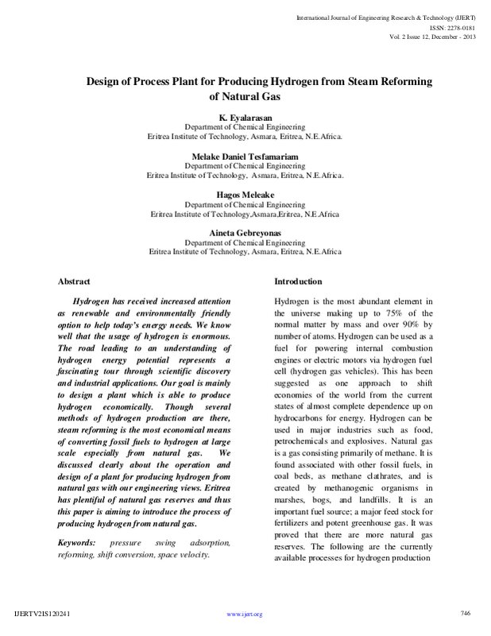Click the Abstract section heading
pos(75,282)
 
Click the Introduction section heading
pos(298,282)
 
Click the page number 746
pos(466,611)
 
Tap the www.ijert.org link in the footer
pos(245,615)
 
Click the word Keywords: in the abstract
pos(76,542)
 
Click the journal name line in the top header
pos(392,16)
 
